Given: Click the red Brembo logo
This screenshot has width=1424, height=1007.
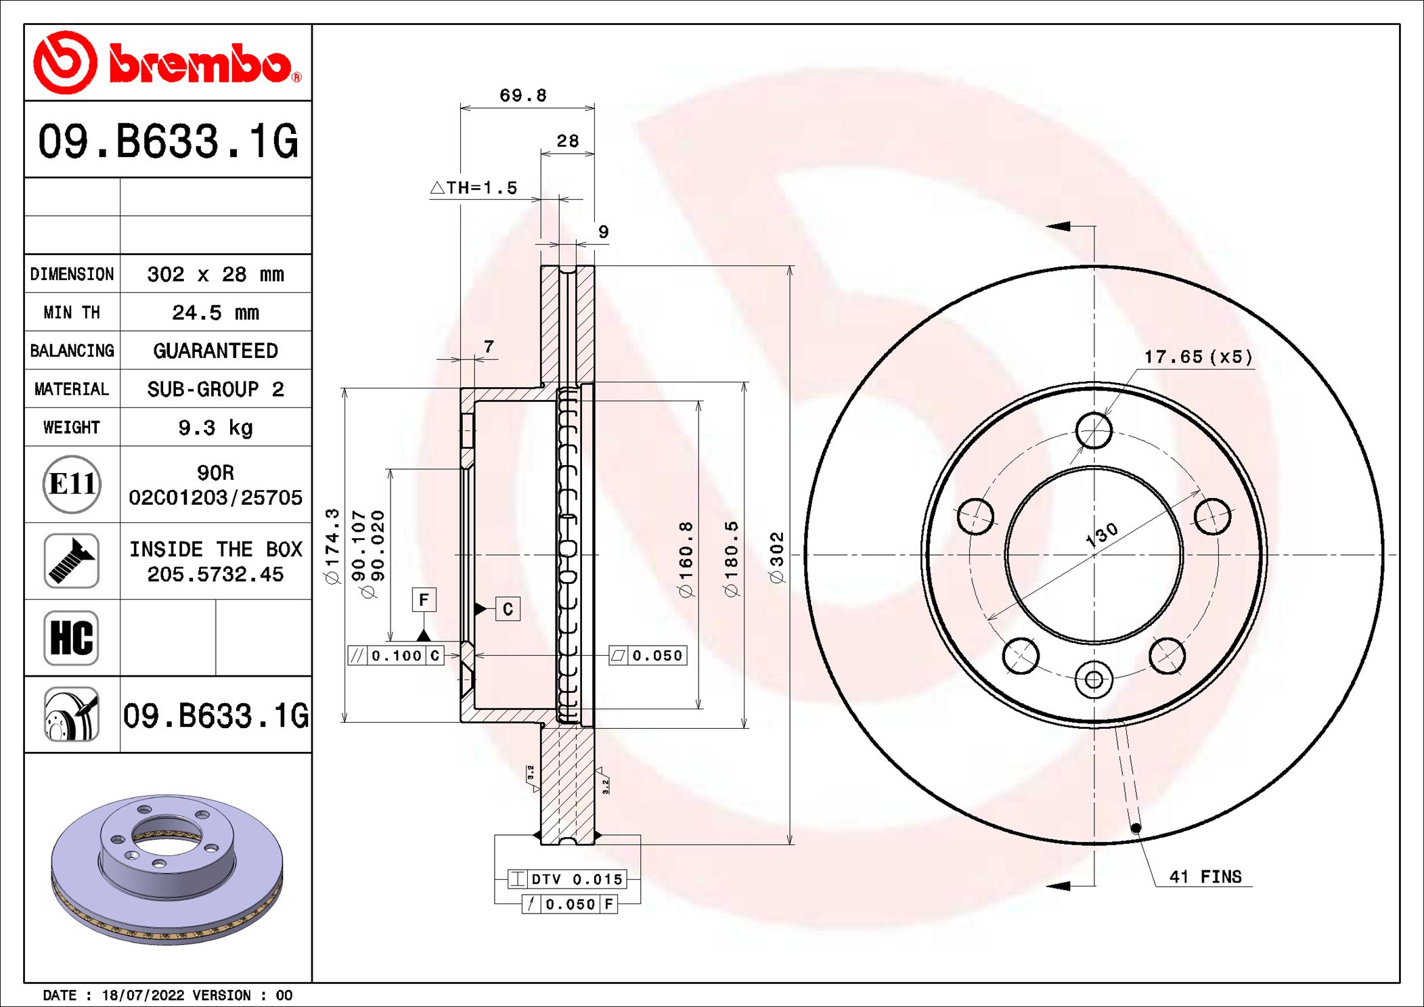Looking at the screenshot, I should [167, 63].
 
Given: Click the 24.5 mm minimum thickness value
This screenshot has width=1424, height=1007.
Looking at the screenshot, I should [215, 313].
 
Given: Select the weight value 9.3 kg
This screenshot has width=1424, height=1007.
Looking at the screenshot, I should [215, 428].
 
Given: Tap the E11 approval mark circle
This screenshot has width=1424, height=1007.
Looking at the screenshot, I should [72, 485].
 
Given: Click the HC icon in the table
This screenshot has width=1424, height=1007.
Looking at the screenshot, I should [72, 638].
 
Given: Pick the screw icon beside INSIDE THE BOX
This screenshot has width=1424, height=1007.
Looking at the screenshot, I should [72, 561].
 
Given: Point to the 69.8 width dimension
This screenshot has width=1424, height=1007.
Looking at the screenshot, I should [522, 95].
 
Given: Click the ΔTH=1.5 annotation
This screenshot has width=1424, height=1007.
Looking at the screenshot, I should [474, 188].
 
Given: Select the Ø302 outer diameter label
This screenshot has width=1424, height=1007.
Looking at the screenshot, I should [776, 556].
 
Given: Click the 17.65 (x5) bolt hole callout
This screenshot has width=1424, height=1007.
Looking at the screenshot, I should [1198, 357].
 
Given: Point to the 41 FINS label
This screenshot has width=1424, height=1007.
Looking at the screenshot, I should [1205, 877].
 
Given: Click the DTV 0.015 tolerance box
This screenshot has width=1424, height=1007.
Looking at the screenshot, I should [567, 879].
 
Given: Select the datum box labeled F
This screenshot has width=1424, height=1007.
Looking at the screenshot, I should [424, 600].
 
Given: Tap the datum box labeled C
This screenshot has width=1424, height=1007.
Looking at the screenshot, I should [508, 609].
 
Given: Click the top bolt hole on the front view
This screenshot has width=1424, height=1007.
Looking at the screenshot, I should [1094, 430].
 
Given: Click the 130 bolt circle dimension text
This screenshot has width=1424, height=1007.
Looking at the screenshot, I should [1101, 535].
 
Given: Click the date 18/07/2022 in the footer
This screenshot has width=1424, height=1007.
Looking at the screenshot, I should [143, 995].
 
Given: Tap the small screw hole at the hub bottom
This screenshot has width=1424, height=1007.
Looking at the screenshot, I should [1094, 680].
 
